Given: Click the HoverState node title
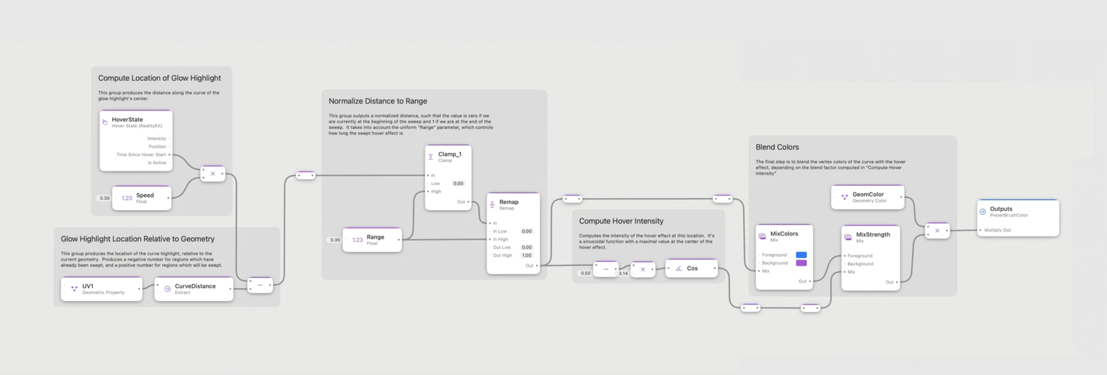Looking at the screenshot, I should coord(127,119).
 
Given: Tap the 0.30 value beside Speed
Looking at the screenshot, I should coord(105,198).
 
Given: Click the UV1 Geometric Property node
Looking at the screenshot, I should coord(101,289).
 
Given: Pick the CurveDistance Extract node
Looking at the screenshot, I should coord(194,289).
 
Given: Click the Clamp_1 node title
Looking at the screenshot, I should coord(449,154).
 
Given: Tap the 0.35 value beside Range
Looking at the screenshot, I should coord(335,240).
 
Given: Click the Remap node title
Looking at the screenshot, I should coord(509,202).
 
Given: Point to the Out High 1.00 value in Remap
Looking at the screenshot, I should coord(527,255).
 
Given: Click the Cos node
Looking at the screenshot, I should coord(691,268).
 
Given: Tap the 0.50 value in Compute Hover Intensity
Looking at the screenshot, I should coord(585,273).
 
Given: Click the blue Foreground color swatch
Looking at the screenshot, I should coord(801,255).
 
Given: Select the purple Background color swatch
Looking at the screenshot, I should coord(801,263).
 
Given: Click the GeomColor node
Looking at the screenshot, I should coord(868,197).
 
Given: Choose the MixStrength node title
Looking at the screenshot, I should coord(873,234).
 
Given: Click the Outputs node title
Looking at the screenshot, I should coord(1001,209).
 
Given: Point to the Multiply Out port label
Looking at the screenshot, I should coord(997,230).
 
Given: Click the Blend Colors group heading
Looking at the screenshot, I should coord(777,147).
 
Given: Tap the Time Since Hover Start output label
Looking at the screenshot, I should coord(141,155).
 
